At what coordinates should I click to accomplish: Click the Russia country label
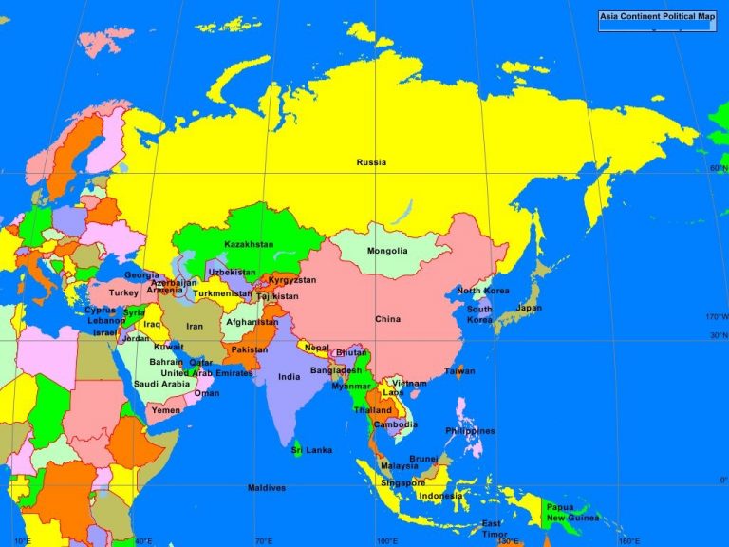tap(371, 162)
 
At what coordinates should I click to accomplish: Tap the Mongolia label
tap(387, 251)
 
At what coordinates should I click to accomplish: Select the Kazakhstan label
tap(249, 244)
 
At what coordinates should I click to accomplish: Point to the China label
tap(387, 319)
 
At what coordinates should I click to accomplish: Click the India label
tap(289, 376)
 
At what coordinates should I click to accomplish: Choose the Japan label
tap(529, 308)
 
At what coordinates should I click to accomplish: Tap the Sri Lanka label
tap(312, 449)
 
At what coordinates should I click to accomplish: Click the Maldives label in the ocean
tap(267, 487)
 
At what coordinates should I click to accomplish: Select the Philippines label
tap(470, 430)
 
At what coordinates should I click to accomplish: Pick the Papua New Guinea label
tap(572, 513)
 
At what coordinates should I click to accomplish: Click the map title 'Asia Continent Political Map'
tap(656, 17)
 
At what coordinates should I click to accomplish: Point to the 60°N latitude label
tap(718, 168)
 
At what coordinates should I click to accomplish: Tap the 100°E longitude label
tap(385, 541)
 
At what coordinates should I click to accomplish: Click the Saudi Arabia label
tap(161, 384)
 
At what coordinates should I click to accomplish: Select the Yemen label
tap(165, 410)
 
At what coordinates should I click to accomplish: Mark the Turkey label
tap(123, 293)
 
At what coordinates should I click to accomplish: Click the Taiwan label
tap(459, 370)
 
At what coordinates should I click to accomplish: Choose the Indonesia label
tap(440, 496)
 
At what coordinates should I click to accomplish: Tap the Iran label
tap(194, 326)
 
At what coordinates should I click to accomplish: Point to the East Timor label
tap(491, 529)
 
